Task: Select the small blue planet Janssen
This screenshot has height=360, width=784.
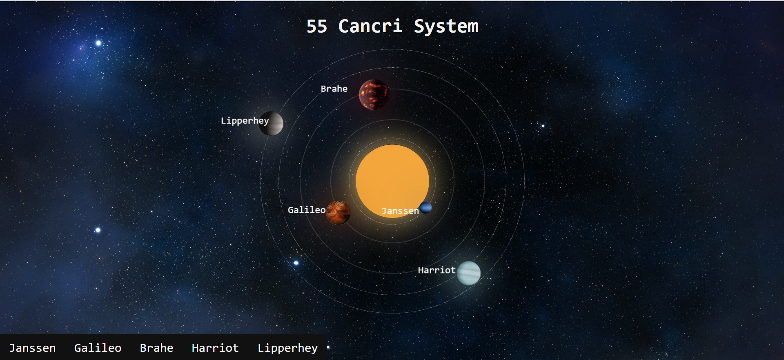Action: click(425, 207)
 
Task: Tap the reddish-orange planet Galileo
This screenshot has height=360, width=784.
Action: click(338, 213)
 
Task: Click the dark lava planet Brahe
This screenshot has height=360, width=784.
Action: click(374, 95)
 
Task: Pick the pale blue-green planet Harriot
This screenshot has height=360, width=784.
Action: click(468, 273)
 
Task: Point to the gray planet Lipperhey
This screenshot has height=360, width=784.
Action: click(271, 123)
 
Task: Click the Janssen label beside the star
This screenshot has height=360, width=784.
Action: click(400, 211)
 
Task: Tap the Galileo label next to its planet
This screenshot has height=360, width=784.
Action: click(307, 210)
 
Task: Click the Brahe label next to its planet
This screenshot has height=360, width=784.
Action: click(334, 89)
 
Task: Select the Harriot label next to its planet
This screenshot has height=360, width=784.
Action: click(437, 270)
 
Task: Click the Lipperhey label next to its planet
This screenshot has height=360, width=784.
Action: click(245, 121)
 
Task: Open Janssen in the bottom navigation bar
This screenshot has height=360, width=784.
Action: click(32, 348)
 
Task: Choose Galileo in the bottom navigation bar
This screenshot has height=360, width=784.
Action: click(98, 348)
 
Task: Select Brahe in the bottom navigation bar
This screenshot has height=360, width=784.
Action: click(156, 348)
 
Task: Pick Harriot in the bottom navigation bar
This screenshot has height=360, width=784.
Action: click(215, 348)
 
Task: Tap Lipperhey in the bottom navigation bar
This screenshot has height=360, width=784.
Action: click(287, 348)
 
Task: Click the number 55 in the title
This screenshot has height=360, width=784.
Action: click(317, 27)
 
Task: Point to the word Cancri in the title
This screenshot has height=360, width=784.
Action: click(370, 27)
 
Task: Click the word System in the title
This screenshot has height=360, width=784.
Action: click(446, 27)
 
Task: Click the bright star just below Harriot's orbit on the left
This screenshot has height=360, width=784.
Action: click(296, 263)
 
